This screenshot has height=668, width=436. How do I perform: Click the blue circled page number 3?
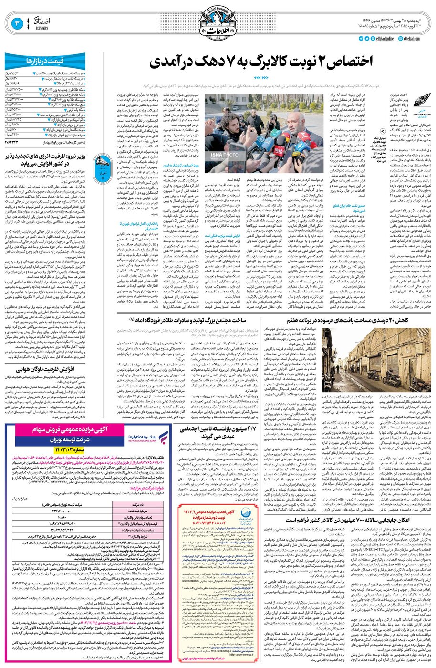tap(16, 22)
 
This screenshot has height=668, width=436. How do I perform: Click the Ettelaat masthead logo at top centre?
tap(218, 22)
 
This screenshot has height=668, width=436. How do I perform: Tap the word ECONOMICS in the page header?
tap(38, 28)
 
